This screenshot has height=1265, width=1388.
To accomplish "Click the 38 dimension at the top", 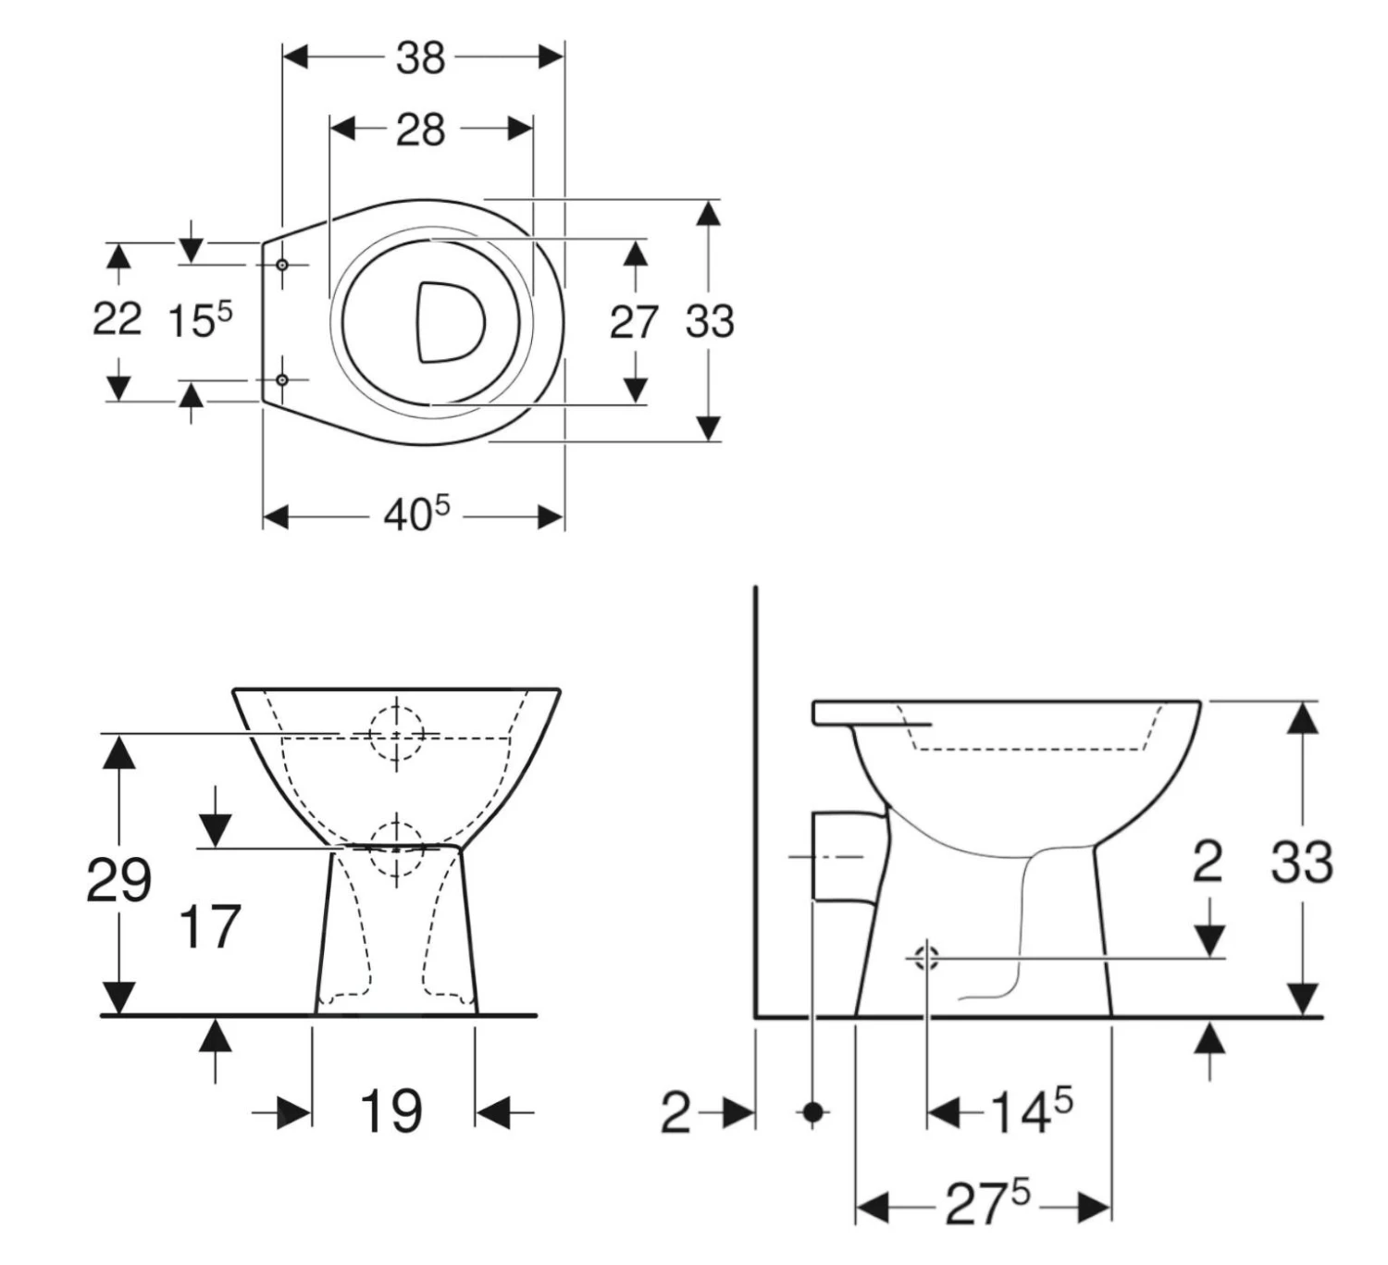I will click(421, 57).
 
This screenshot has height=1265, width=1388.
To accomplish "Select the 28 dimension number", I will click(421, 130).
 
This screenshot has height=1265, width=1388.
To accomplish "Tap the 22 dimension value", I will click(117, 319).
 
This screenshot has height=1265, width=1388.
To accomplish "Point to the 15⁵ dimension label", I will click(199, 319).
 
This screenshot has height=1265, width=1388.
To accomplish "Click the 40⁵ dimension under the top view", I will click(416, 514).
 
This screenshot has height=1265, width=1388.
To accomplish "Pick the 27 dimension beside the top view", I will click(634, 322).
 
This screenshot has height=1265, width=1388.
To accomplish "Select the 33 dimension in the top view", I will click(710, 321).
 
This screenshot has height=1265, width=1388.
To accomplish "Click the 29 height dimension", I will click(118, 879).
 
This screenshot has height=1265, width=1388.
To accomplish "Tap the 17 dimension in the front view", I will click(209, 927).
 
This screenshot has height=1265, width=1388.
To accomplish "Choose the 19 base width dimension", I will click(390, 1111).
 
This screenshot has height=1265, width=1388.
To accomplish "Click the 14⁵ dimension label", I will click(1030, 1110).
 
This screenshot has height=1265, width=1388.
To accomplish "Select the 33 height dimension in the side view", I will click(1301, 862).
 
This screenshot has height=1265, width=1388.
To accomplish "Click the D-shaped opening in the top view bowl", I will click(449, 321).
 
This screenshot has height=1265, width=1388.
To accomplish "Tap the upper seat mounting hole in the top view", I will click(282, 265).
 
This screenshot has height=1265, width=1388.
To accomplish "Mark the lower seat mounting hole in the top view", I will click(282, 379).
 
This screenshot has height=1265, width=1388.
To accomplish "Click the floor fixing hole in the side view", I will click(926, 958).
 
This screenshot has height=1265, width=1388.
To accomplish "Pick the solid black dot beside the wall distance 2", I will click(812, 1111).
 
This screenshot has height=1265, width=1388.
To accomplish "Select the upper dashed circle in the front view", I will click(396, 734).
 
